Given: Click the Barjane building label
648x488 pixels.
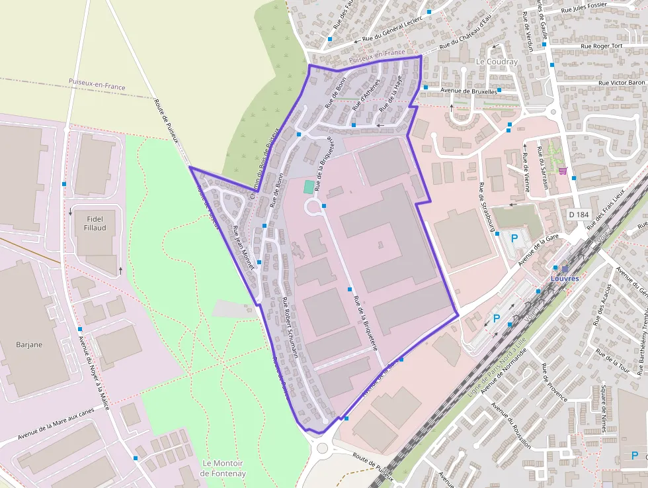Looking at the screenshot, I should tap(29, 344).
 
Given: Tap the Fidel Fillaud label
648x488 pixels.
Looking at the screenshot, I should tap(95, 223).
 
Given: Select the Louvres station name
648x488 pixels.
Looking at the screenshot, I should tap(565, 279).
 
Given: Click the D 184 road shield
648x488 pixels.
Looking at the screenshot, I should tap(579, 215).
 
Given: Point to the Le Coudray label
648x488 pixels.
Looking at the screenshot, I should tap(497, 62).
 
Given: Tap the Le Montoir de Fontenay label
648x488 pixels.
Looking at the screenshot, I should tap(223, 468).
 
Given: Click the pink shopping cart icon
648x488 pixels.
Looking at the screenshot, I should tap(563, 170).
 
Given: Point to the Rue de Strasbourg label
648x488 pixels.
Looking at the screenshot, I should tap(488, 208).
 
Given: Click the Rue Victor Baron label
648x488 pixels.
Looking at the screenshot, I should tap(622, 83).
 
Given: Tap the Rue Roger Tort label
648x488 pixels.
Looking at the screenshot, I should tap(602, 46).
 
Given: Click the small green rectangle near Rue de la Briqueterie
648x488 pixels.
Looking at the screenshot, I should tap(309, 187).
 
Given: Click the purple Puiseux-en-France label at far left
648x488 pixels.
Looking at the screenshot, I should tap(97, 84).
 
